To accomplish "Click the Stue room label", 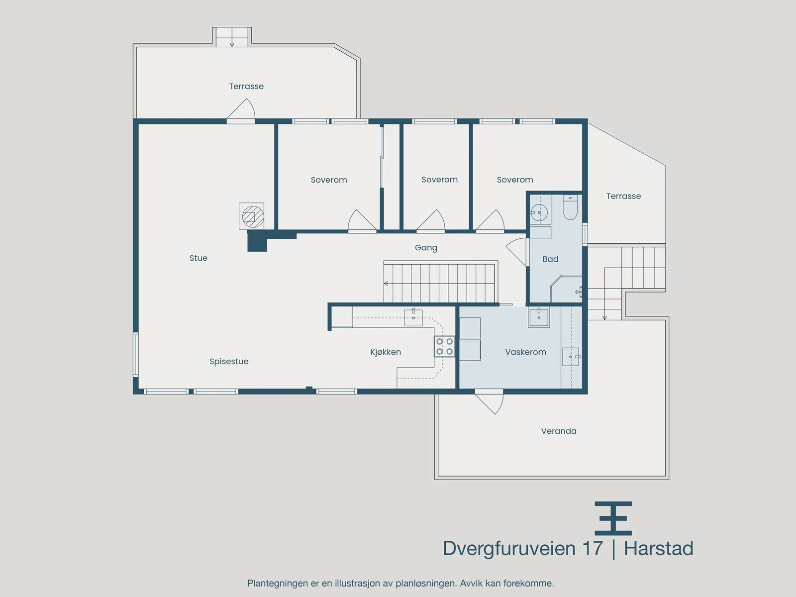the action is (x=199, y=258).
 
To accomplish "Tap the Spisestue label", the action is (x=229, y=362).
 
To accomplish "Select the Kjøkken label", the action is (x=386, y=352).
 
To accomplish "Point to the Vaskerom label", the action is (x=525, y=352).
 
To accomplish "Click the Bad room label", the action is (x=550, y=259).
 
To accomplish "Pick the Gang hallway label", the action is (x=426, y=248).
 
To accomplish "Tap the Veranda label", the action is (x=559, y=431).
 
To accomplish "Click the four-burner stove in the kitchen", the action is (x=444, y=347).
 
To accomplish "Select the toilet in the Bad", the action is (x=570, y=207).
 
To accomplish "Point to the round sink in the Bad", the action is (x=539, y=212).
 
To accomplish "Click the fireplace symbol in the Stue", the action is (x=252, y=216).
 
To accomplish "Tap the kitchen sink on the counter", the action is (x=413, y=317).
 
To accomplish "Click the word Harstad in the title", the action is (x=658, y=548).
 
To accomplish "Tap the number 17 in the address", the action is (x=593, y=548).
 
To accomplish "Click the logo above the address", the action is (x=613, y=518).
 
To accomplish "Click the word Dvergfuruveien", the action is (x=509, y=549).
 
